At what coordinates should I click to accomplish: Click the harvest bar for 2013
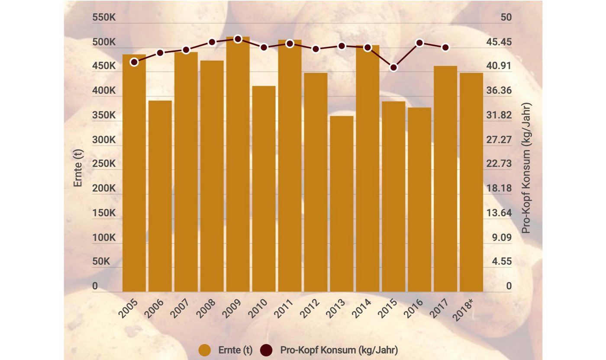click(342, 203)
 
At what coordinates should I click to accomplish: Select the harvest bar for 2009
click(238, 164)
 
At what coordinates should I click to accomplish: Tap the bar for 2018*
click(471, 182)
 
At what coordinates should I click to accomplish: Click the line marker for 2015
click(393, 67)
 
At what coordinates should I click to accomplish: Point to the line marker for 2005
click(134, 62)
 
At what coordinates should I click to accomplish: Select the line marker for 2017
click(445, 48)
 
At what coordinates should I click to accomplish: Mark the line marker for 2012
click(316, 49)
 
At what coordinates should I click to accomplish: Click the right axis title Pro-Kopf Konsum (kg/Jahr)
click(526, 168)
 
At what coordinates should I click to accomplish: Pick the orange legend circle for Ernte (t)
click(204, 350)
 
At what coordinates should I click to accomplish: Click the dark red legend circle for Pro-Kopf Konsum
click(267, 350)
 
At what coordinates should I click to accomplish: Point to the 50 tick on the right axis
click(506, 18)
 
